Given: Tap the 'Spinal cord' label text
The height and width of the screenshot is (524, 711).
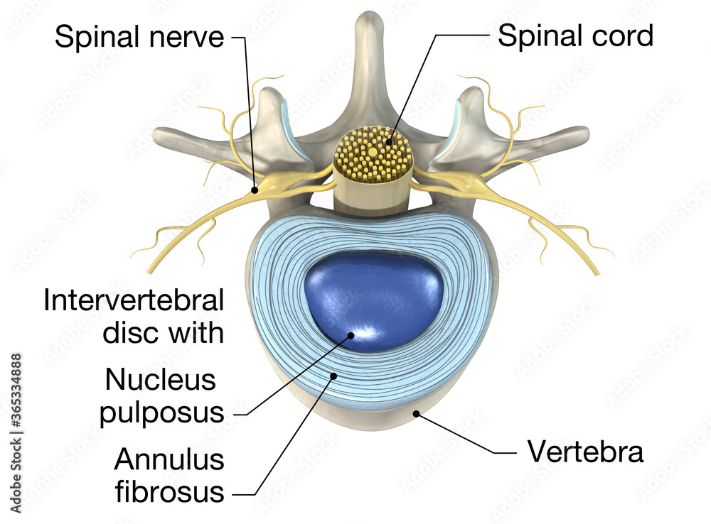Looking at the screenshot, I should point(575,35).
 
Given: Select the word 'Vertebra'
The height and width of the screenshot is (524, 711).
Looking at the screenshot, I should point(584,451).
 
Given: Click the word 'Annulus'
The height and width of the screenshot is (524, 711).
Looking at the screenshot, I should point(169,460).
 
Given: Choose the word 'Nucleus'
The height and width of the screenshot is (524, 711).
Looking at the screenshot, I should point(161,380).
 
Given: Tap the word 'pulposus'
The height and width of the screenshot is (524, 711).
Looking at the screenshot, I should point(162,412).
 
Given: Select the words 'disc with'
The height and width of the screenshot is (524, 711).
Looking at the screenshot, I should point(164,332).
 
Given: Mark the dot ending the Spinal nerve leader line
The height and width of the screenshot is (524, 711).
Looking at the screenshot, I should point(254,190).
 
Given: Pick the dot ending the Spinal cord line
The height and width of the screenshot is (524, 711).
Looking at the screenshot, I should point(389,143).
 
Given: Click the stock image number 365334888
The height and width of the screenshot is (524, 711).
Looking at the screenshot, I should point(16,411).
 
